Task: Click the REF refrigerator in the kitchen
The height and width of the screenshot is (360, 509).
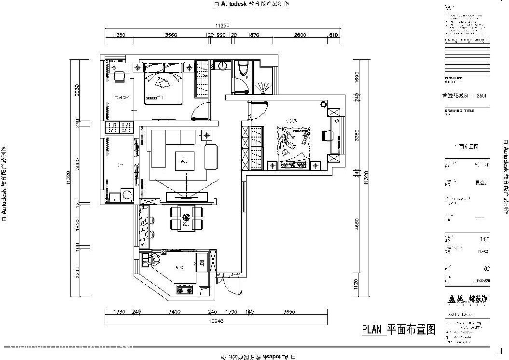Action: point(201,263)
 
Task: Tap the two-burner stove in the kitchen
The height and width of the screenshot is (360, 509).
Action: point(185,290)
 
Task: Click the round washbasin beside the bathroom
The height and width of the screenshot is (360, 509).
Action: point(222,66)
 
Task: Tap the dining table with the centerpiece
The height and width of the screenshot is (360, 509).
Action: point(186,217)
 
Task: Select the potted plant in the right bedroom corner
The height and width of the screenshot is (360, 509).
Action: point(323,104)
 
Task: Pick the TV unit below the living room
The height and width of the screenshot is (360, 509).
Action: point(187,196)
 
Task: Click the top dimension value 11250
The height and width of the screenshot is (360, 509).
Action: point(222,26)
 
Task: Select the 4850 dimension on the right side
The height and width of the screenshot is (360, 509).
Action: point(357,224)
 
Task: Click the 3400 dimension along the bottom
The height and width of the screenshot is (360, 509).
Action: point(175,312)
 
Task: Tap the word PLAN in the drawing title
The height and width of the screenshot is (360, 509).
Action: point(371,330)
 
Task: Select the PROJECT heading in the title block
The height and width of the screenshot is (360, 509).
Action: point(453,78)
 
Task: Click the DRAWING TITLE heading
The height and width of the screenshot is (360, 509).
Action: point(459,111)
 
